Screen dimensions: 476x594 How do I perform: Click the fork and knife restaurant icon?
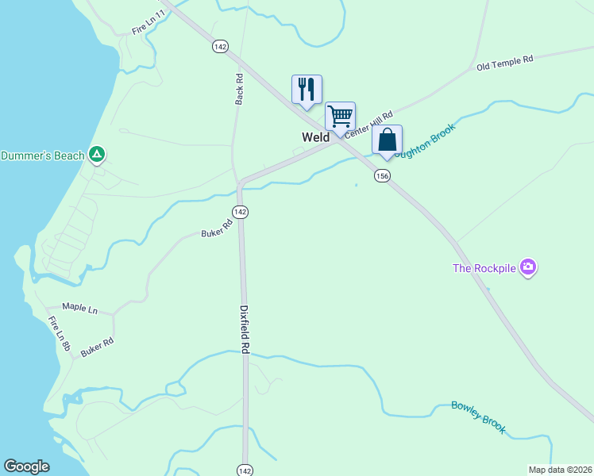[307, 89]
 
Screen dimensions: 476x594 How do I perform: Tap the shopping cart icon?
[340, 116]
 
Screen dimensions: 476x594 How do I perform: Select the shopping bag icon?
[387, 140]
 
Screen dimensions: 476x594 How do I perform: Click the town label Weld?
[315, 137]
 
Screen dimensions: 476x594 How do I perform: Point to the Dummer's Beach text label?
[42, 155]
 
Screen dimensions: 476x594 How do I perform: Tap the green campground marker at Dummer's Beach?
[97, 155]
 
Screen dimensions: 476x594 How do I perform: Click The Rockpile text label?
[484, 268]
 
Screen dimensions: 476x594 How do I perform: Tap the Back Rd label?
[239, 89]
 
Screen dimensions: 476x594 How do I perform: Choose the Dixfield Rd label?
[245, 331]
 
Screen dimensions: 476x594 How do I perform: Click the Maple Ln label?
[79, 307]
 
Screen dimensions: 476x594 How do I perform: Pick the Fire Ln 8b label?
[60, 335]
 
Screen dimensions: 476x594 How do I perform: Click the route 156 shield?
[382, 176]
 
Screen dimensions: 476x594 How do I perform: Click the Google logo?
[26, 466]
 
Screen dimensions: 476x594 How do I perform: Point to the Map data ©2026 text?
[560, 470]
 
